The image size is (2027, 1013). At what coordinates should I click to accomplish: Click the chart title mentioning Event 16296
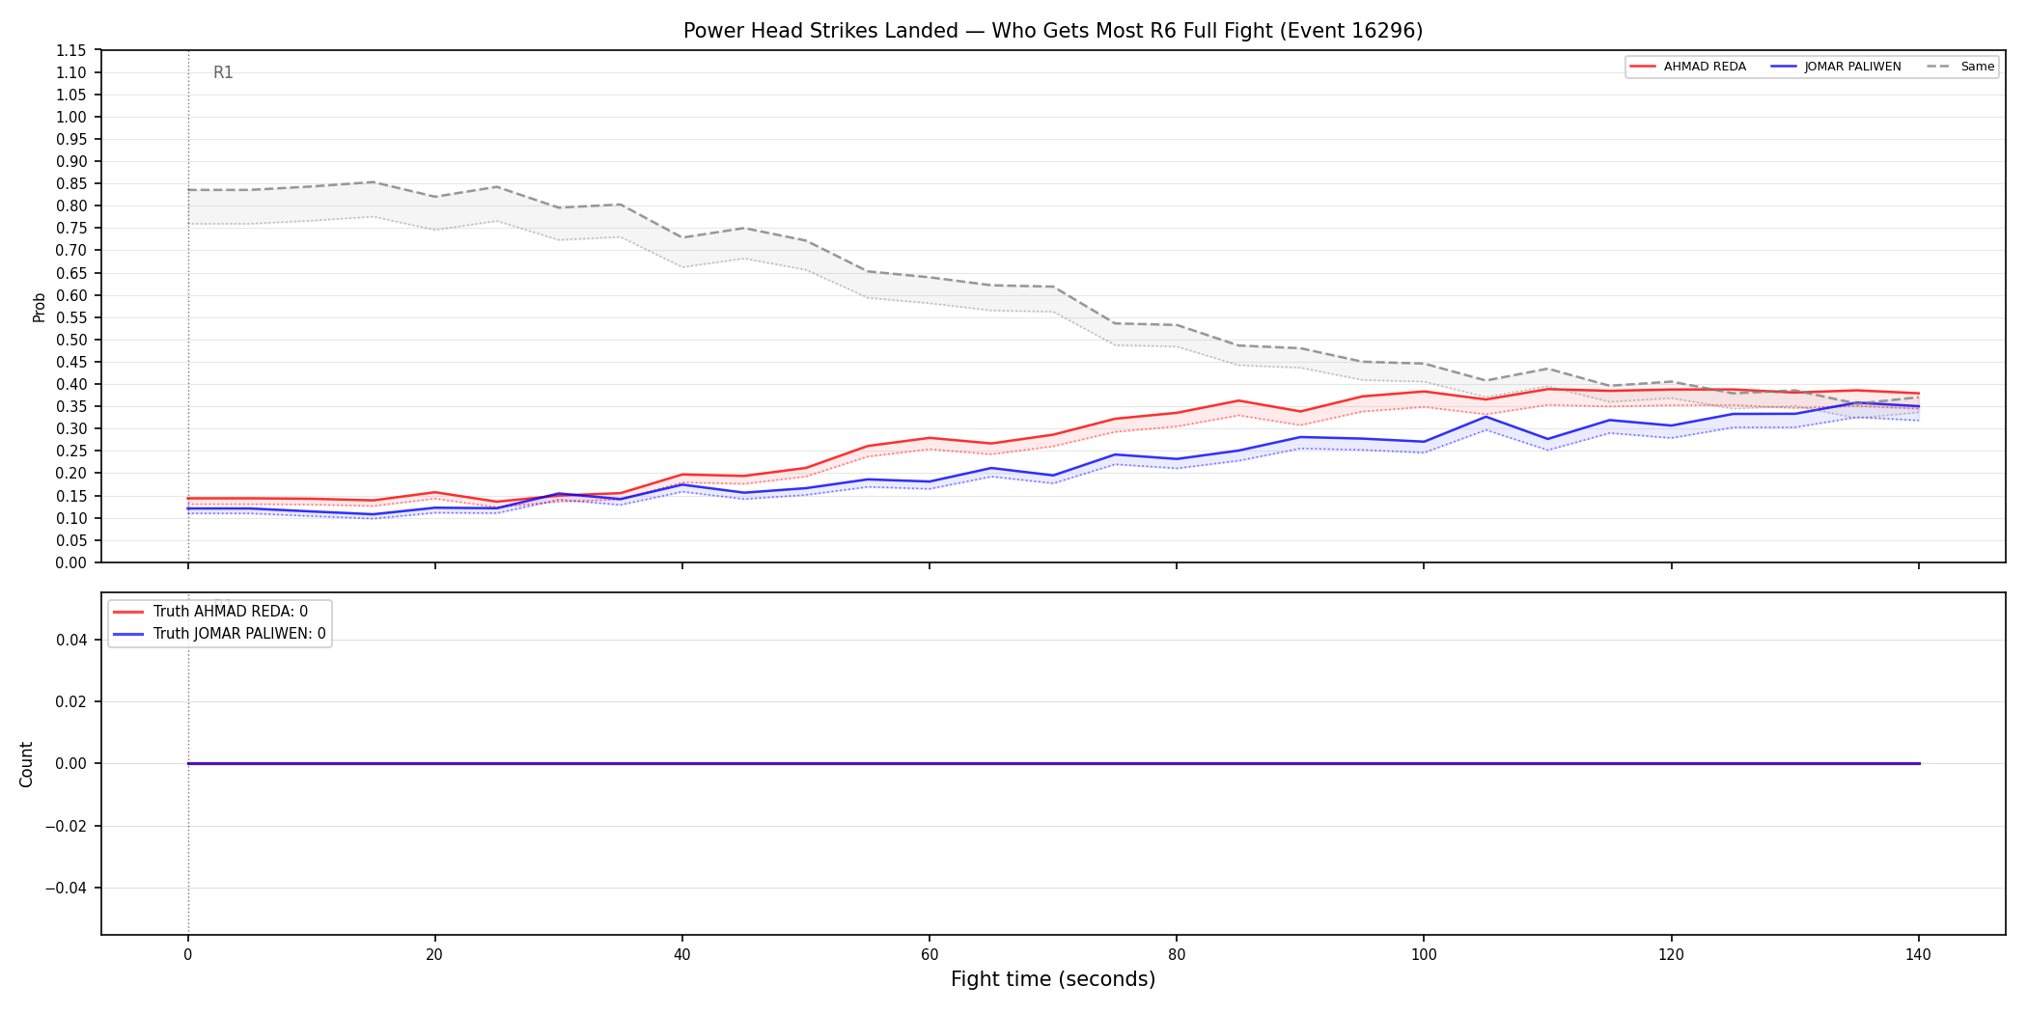point(1053,31)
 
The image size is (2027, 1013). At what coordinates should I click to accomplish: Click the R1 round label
point(223,73)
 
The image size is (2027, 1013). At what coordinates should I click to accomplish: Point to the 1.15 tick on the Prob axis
point(71,51)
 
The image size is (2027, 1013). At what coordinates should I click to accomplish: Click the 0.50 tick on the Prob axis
point(71,341)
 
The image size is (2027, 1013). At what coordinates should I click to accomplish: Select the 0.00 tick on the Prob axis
point(71,563)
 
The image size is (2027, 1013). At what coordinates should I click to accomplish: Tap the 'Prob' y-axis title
point(40,307)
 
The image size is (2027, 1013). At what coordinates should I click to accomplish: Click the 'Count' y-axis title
point(26,764)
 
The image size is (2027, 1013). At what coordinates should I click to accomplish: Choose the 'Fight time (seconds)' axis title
point(1053,980)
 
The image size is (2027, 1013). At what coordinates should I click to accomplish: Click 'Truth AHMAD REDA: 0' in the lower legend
point(231,612)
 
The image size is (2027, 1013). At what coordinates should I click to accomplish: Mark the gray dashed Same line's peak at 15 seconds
point(373,182)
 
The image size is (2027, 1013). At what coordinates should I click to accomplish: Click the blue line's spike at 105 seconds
point(1486,417)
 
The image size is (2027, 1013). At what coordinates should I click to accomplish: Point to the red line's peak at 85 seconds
point(1238,400)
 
